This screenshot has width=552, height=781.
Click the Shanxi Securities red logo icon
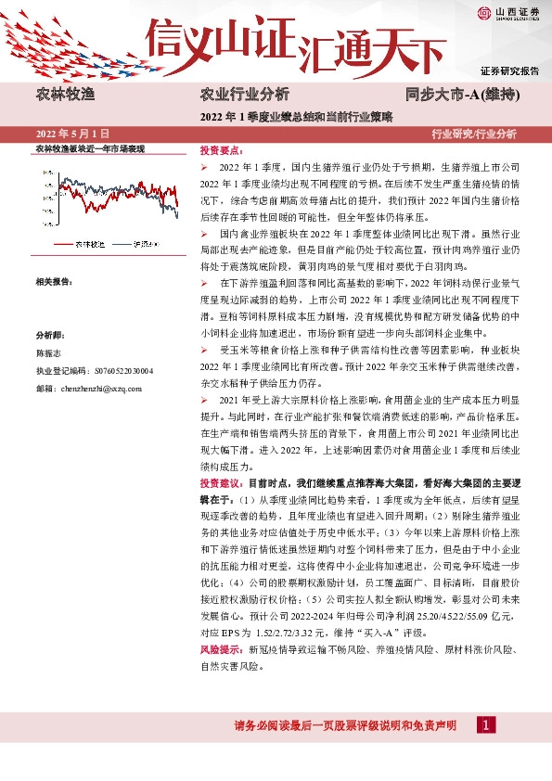(x=485, y=12)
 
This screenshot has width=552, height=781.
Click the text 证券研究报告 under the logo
(x=509, y=71)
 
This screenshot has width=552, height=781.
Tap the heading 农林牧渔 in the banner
(x=64, y=95)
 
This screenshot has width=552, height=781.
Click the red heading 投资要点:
(x=221, y=149)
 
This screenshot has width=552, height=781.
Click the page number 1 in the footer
(x=486, y=723)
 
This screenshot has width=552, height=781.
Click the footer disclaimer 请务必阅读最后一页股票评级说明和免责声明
(x=345, y=724)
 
